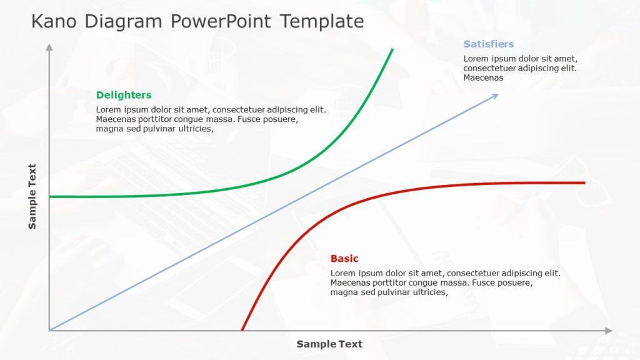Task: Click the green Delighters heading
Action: [x=124, y=95]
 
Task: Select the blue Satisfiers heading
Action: [x=489, y=44]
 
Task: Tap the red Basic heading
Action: [x=344, y=259]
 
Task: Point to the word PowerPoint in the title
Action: [x=221, y=22]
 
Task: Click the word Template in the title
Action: [x=322, y=22]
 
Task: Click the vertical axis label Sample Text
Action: [x=32, y=196]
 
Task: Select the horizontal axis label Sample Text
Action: [x=329, y=344]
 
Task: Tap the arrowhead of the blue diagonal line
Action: [x=496, y=96]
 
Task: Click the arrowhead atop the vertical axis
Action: [x=49, y=47]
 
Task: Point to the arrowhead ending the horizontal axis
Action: [x=609, y=331]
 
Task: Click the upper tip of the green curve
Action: [x=392, y=49]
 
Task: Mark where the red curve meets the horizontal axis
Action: [x=242, y=330]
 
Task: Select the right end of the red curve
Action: [x=584, y=182]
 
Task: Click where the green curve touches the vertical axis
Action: [x=50, y=197]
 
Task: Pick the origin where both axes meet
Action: [x=49, y=330]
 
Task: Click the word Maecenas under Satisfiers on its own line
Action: [x=483, y=78]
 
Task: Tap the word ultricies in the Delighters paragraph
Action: [x=194, y=129]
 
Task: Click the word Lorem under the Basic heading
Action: [x=342, y=273]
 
